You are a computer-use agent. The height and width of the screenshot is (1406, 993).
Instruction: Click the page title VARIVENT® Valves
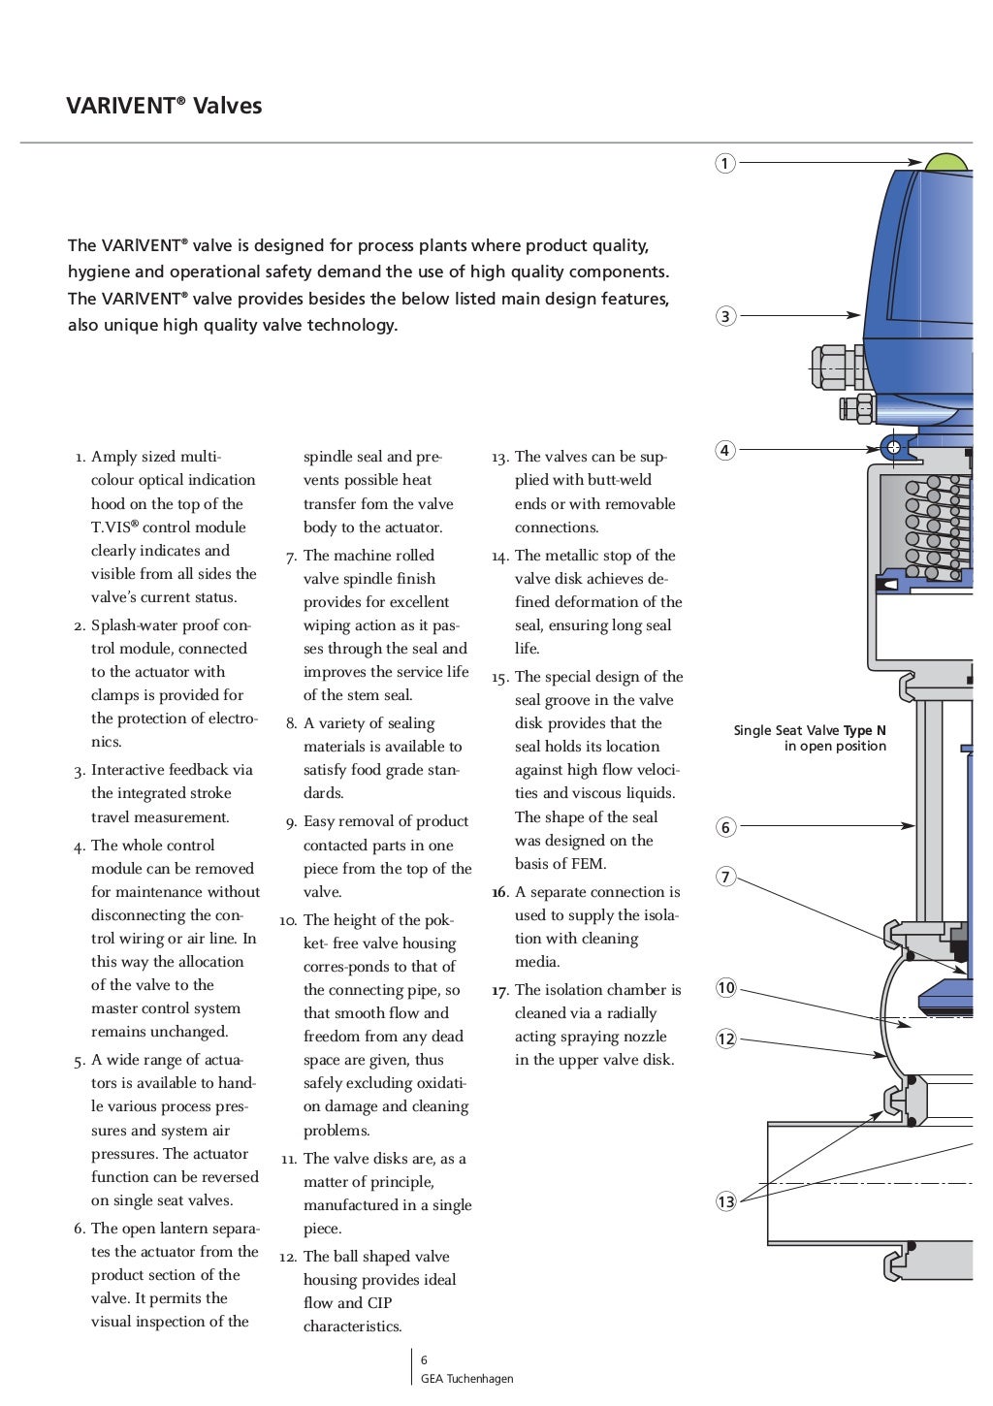[164, 106]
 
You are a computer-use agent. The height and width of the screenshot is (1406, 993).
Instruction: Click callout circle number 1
[725, 163]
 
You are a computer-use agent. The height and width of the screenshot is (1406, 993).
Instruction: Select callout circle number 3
[725, 316]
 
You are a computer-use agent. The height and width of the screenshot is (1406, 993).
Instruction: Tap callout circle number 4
[725, 450]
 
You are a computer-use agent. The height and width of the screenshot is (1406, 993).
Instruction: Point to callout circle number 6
[725, 827]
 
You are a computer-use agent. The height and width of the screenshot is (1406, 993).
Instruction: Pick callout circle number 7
[725, 878]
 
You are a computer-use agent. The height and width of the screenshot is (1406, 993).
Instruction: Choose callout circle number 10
[725, 988]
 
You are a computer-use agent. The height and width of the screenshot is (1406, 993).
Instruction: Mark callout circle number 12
[725, 1039]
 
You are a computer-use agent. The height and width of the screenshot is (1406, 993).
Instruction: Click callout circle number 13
[725, 1201]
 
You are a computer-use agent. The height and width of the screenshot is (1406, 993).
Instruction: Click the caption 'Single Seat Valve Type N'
[810, 730]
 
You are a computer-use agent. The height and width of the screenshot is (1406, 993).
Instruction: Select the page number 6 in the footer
[424, 1360]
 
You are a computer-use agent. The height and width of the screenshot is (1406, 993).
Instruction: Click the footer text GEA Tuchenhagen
[466, 1379]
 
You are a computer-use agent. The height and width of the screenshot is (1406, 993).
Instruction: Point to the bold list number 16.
[499, 892]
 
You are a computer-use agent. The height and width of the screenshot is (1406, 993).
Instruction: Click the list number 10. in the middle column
[288, 920]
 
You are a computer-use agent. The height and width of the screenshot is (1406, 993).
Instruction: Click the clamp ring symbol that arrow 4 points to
[893, 447]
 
